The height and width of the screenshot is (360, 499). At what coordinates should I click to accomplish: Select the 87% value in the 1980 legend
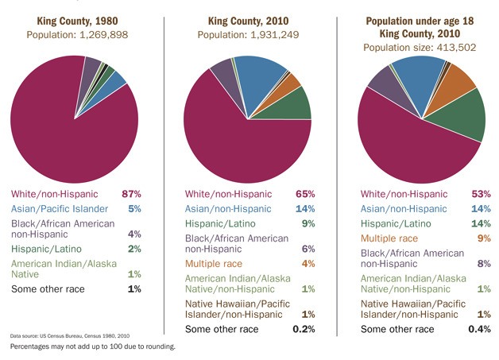click(x=131, y=193)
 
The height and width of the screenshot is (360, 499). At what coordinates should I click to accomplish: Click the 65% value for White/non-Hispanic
click(x=305, y=193)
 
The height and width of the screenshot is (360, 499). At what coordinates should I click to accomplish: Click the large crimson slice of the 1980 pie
click(x=64, y=127)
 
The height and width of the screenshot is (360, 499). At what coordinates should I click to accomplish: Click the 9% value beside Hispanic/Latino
click(x=308, y=223)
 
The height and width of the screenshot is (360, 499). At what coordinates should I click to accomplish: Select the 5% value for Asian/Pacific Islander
click(x=134, y=208)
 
